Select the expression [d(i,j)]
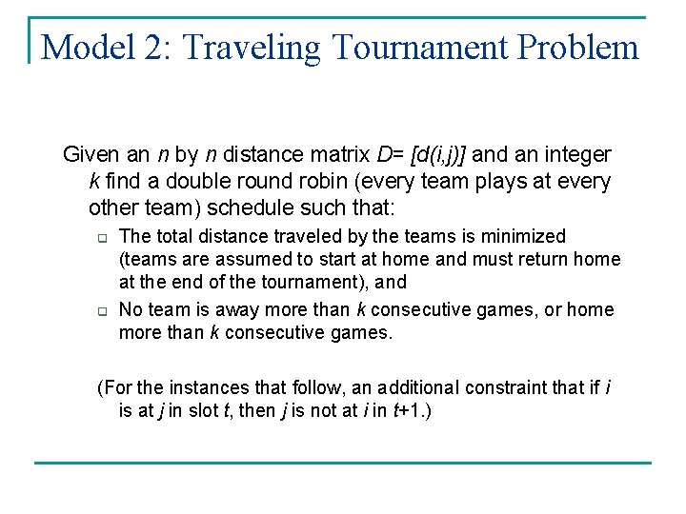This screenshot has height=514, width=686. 434,154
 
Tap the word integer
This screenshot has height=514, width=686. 576,154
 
